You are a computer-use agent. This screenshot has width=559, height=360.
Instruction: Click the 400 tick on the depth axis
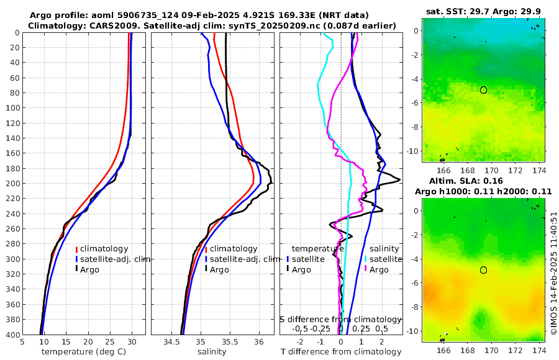pos(12,335)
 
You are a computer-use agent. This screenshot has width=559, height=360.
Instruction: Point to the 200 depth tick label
pos(12,184)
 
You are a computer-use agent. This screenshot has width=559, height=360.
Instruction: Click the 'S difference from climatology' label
pos(340,318)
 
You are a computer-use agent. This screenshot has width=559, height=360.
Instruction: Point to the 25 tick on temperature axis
pos(110,342)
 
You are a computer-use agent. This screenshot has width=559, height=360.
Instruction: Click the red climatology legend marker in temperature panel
pos(76,249)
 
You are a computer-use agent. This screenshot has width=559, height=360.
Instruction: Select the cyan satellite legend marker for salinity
pos(366,259)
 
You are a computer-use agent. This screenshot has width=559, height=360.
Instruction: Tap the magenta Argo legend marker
pos(366,269)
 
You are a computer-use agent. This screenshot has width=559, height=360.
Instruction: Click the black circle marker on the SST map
pos(483,90)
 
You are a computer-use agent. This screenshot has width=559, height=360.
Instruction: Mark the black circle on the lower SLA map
pos(483,270)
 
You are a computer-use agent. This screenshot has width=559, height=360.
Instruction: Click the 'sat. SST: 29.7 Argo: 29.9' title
pos(483,11)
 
